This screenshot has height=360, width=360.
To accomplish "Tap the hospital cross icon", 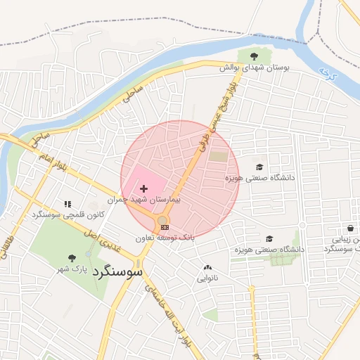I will (x=144, y=189).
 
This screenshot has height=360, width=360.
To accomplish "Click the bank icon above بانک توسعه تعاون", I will (x=164, y=226).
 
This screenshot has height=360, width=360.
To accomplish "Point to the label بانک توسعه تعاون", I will (x=164, y=238).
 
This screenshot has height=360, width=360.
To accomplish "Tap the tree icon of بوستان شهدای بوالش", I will (x=255, y=56).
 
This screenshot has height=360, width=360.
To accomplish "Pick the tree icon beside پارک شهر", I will (x=72, y=259).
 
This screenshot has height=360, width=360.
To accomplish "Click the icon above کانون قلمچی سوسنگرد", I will (x=67, y=203).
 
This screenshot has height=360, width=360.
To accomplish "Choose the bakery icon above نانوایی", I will (x=207, y=268).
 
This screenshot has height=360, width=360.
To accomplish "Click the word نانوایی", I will (x=207, y=278).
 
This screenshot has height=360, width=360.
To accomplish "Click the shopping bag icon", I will (x=350, y=228).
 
